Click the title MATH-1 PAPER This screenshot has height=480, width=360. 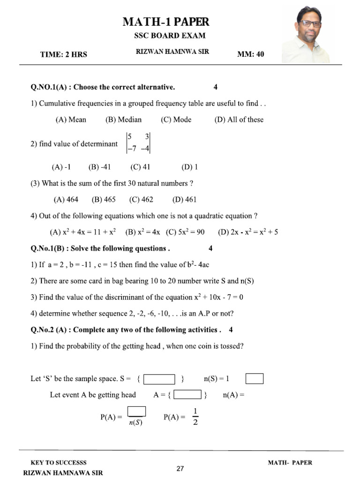click(x=166, y=22)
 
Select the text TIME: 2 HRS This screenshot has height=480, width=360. click(x=63, y=54)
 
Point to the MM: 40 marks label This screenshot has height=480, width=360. click(x=251, y=54)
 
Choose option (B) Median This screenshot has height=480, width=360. click(x=123, y=120)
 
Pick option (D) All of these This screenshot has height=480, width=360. click(x=239, y=120)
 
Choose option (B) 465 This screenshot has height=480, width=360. click(x=104, y=199)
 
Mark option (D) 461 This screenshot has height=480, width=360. click(x=184, y=199)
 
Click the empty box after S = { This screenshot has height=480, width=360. click(x=159, y=379)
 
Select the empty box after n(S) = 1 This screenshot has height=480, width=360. click(x=255, y=378)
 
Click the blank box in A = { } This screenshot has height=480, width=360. click(x=187, y=395)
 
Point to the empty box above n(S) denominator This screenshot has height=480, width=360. click(x=136, y=411)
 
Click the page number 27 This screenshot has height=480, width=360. click(x=180, y=468)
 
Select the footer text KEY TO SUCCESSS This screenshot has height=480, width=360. click(x=59, y=463)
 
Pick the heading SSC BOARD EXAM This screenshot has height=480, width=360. click(x=170, y=36)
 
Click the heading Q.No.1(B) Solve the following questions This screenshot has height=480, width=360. click(x=100, y=248)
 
